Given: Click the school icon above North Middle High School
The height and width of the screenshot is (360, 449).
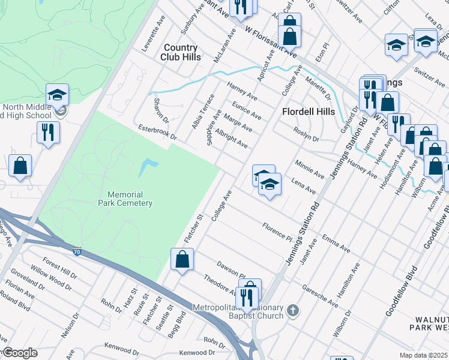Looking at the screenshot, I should pyautogui.click(x=58, y=94).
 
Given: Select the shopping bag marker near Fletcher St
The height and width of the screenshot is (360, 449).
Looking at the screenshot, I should pyautogui.click(x=182, y=260).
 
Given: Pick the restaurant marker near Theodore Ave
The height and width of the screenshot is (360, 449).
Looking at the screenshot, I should pyautogui.click(x=246, y=296).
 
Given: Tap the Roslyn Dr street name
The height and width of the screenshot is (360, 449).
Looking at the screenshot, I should pyautogui.click(x=306, y=134).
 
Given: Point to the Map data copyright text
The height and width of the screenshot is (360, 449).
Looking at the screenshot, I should pyautogui.click(x=423, y=355).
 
